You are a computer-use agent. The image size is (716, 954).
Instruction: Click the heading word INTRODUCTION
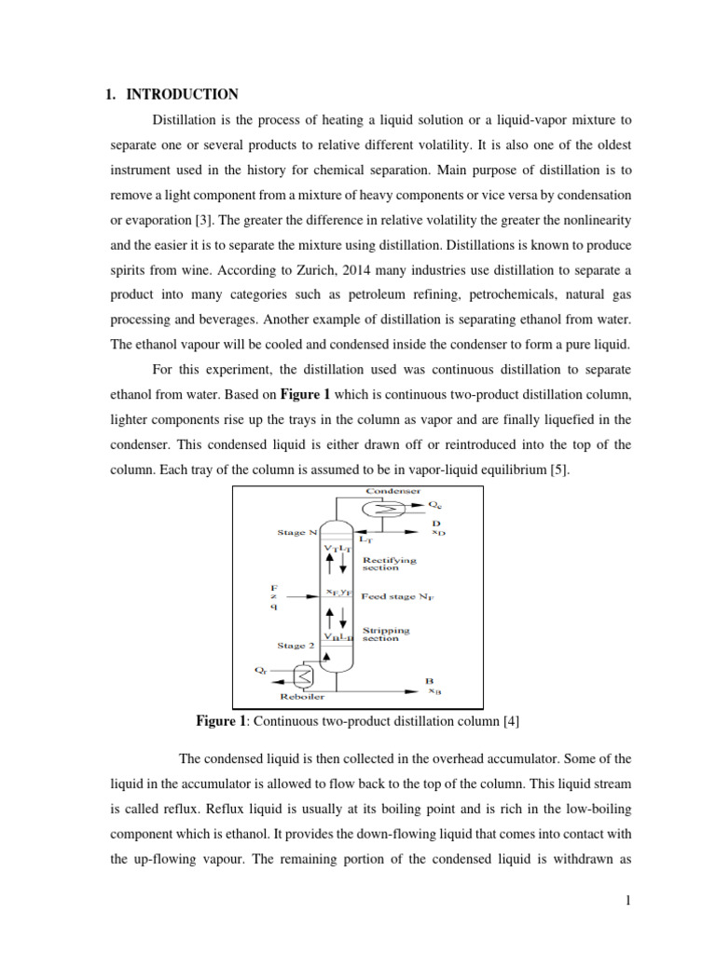(182, 94)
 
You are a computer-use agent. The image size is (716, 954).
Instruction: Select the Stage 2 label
(296, 645)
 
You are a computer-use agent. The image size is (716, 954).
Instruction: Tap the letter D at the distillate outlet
(435, 523)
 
